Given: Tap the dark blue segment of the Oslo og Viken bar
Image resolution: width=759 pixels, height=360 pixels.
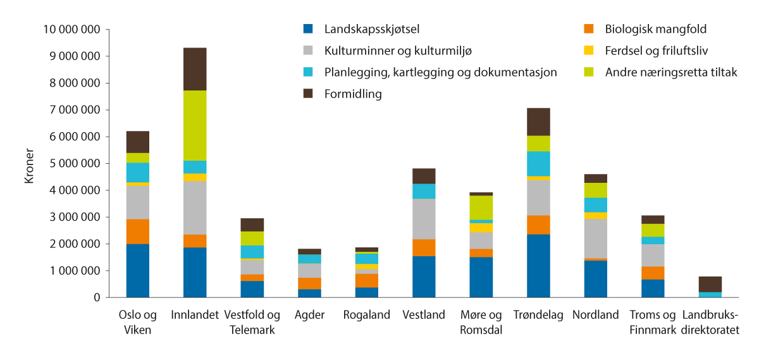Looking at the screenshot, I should [138, 270].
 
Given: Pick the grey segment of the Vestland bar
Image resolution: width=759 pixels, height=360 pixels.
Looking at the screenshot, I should [424, 219].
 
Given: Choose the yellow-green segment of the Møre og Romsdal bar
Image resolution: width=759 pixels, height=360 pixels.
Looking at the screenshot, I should [481, 208].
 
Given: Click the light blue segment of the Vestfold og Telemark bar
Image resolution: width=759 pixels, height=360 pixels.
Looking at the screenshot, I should [252, 252].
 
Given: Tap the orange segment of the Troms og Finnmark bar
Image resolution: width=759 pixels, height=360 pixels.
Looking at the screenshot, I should [653, 273].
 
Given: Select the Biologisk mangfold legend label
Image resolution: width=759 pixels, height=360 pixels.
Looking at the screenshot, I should [655, 29].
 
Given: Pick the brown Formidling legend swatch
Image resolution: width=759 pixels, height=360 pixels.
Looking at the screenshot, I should [309, 94].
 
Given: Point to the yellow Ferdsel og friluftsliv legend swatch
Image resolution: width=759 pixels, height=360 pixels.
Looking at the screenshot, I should [589, 51].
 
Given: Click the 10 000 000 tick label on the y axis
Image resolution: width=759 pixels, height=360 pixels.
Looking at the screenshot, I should [72, 29].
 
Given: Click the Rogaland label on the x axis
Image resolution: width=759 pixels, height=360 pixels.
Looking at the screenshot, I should [367, 315].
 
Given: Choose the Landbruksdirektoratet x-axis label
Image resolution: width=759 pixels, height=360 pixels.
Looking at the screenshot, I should [710, 321].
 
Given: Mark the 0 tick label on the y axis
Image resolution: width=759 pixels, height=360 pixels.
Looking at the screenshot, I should [96, 297].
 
